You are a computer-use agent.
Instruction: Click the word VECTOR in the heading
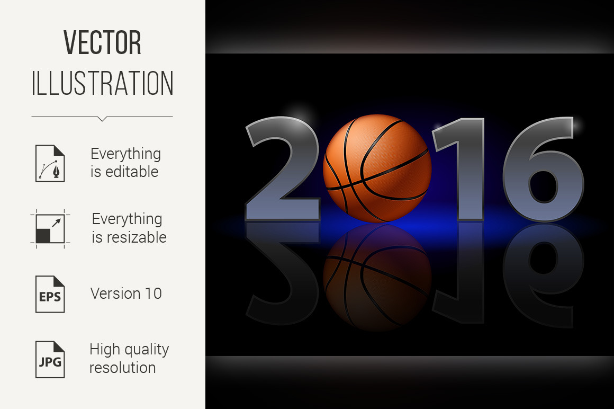click(x=102, y=42)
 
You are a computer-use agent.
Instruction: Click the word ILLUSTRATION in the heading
click(x=102, y=83)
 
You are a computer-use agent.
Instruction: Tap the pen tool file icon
click(x=50, y=163)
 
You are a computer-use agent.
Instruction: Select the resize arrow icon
click(x=50, y=229)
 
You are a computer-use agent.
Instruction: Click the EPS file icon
click(x=50, y=294)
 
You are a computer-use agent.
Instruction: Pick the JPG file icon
click(x=50, y=359)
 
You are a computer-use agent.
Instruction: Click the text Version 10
click(x=126, y=294)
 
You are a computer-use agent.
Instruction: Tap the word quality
click(x=146, y=350)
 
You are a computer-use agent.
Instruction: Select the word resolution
click(x=123, y=368)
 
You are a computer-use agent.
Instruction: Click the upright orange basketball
click(x=377, y=168)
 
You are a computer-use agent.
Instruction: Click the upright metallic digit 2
click(x=283, y=168)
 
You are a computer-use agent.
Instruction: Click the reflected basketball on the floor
click(x=377, y=276)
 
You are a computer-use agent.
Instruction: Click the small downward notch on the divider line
click(x=102, y=119)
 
